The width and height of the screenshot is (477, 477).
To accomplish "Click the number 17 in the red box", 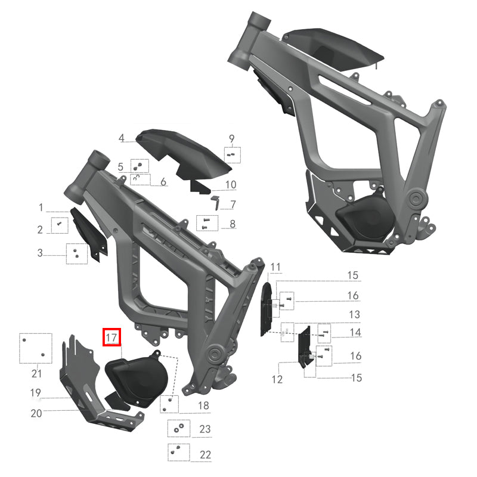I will tap(111, 337).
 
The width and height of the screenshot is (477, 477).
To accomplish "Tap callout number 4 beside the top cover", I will tap(122, 138).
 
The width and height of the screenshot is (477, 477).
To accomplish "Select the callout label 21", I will tap(36, 374).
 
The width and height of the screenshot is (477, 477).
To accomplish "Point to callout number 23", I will tap(205, 429).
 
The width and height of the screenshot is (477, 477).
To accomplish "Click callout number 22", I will tap(205, 454).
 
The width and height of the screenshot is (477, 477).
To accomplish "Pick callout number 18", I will tap(204, 405).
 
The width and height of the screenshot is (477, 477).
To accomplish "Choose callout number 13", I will tap(354, 314).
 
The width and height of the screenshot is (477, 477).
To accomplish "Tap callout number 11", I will tap(275, 266).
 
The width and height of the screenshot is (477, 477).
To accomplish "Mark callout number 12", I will tap(277, 379).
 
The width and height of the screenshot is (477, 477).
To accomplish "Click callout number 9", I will tap(232, 139).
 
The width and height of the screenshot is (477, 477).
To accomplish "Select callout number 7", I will tap(233, 205).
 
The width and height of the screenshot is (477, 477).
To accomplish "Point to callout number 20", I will tap(36, 413).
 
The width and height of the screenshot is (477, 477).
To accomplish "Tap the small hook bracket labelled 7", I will tap(216, 200).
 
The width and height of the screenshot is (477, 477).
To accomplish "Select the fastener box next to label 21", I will tap(33, 348).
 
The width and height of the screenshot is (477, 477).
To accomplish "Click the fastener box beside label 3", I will tap(77, 253).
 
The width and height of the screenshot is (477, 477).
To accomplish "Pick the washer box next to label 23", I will tap(178, 428).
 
